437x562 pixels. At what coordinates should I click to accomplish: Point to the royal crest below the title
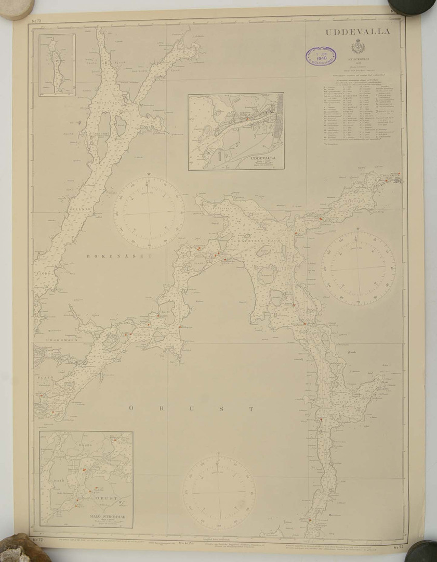point(357,48)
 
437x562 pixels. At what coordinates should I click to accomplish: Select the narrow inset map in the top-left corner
point(57,65)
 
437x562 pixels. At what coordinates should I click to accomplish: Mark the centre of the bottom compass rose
point(219,492)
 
